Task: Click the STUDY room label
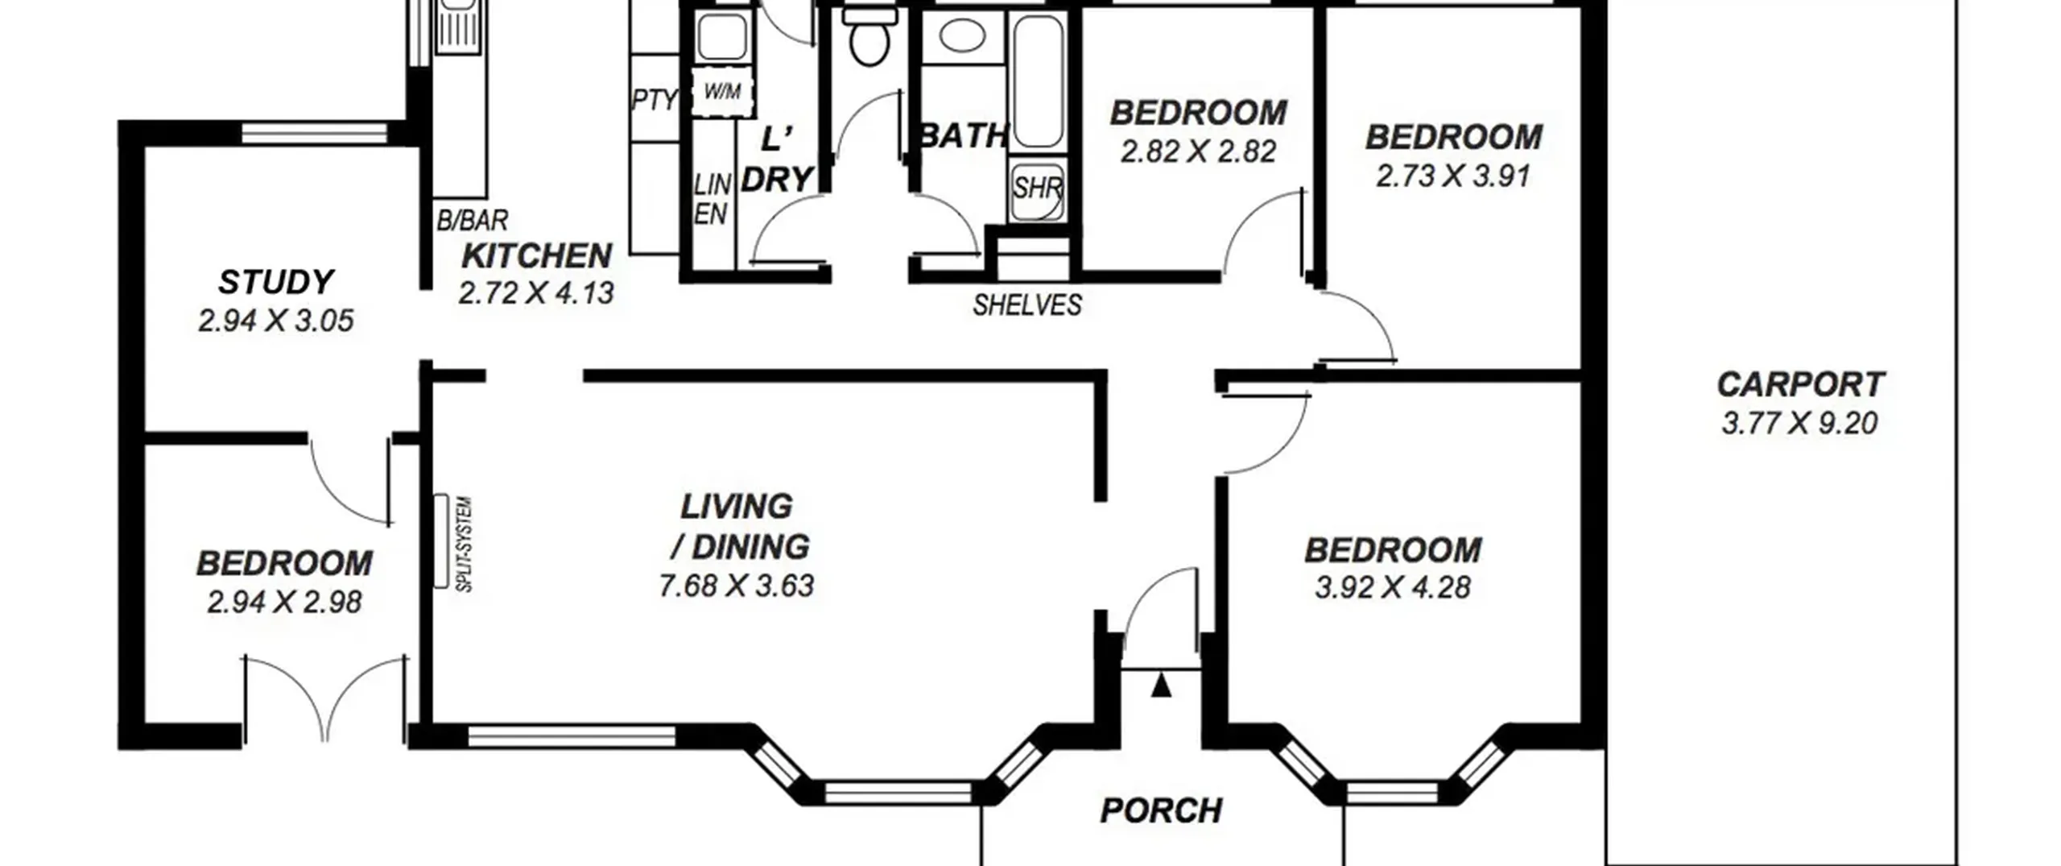coord(275,282)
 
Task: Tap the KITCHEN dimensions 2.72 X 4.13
coord(536,293)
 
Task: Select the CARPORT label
coord(1800,384)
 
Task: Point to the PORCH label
coord(1161,810)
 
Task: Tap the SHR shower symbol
coord(1037,189)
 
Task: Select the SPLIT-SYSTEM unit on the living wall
coord(440,541)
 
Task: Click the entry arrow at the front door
coord(1161,686)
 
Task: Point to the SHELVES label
coord(1027,305)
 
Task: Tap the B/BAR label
coord(473,220)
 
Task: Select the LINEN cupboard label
coord(712,200)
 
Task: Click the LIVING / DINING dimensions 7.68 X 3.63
coord(737,586)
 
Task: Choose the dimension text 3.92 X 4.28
coord(1393,587)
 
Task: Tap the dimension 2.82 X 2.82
coord(1198,151)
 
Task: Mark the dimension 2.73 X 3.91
coord(1453,176)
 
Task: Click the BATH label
coord(963,135)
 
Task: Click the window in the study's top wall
coord(315,133)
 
